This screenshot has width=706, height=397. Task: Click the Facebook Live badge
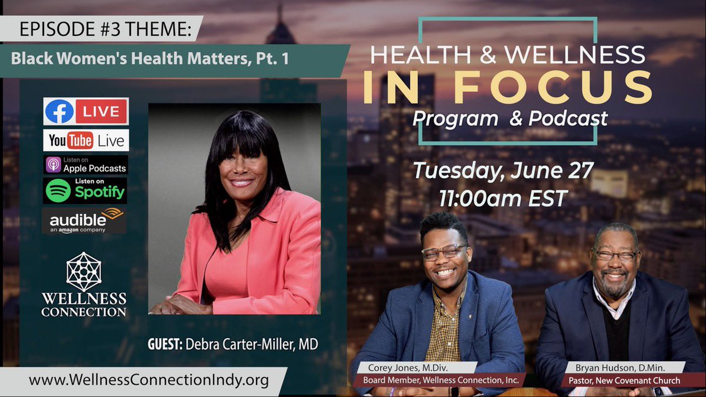(86, 112)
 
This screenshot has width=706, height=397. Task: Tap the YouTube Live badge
(86, 141)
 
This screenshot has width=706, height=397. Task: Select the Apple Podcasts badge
(86, 165)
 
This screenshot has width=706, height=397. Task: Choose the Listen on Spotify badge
(85, 190)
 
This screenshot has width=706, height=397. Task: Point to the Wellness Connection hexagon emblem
(84, 272)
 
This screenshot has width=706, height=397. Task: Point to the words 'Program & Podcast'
(510, 118)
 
